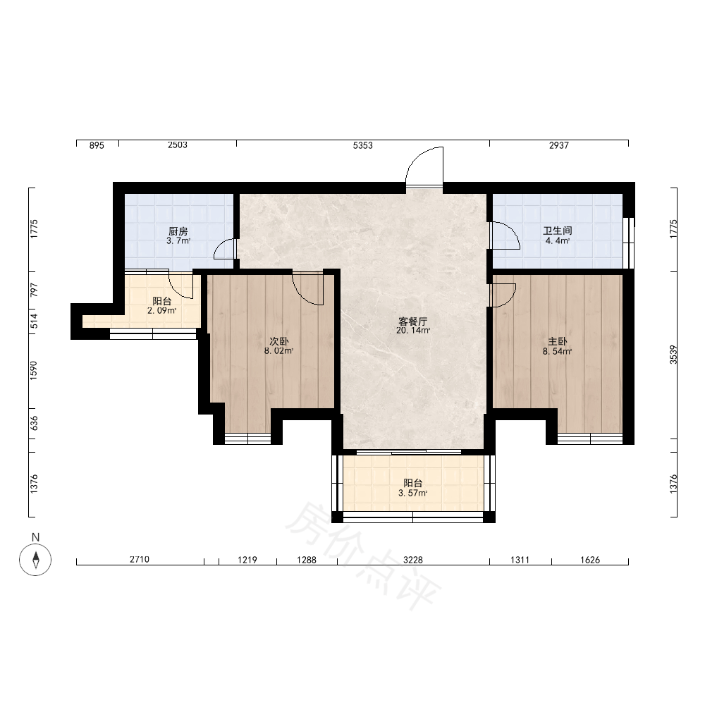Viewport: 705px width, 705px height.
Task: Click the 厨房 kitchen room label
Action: [x=178, y=231]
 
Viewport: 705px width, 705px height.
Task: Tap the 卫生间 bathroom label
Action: [x=558, y=231]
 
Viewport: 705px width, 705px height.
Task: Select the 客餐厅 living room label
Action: [x=412, y=321]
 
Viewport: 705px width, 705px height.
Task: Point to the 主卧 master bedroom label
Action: [x=558, y=342]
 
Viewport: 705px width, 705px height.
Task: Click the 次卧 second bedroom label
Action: [x=278, y=342]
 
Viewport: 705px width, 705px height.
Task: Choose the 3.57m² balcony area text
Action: [x=412, y=493]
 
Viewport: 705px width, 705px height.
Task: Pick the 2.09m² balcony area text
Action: [x=162, y=311]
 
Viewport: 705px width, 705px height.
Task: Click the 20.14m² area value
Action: [x=413, y=331]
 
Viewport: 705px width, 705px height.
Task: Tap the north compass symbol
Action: [x=35, y=559]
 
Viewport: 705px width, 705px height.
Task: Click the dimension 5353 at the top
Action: [x=363, y=145]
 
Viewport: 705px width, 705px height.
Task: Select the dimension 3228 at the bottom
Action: [x=412, y=560]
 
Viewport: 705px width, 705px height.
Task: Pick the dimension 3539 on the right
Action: [x=673, y=355]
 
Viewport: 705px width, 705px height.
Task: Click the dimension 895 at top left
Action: [x=97, y=145]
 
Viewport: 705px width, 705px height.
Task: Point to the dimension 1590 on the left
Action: [x=34, y=371]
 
